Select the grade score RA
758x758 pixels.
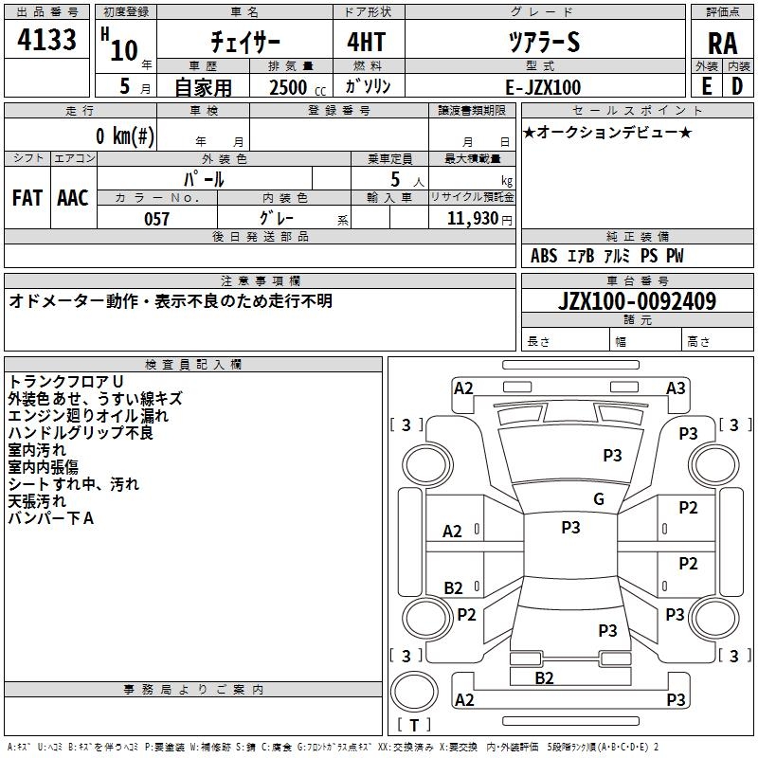tap(722, 44)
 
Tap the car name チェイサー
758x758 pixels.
tap(245, 43)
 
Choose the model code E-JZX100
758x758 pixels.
tap(543, 86)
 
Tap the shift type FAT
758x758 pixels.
tap(27, 198)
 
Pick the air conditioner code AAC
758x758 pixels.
tap(73, 198)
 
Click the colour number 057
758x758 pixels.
tap(156, 219)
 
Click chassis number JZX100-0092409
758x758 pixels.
tap(637, 301)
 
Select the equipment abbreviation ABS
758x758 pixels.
tap(543, 256)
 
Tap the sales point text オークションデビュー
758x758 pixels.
tap(607, 132)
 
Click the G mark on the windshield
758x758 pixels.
tap(599, 499)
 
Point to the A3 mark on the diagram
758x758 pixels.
tap(676, 388)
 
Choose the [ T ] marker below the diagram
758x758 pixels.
tap(414, 725)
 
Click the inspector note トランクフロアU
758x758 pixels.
tap(66, 381)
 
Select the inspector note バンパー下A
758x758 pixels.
tap(51, 518)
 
